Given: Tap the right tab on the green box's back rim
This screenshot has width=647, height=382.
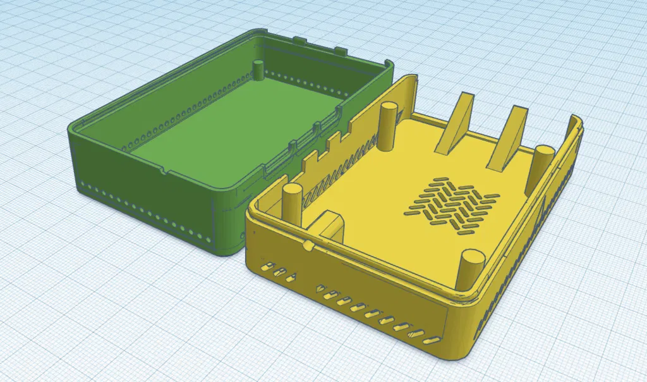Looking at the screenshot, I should [340, 49].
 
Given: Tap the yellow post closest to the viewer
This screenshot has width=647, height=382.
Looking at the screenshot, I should [469, 269].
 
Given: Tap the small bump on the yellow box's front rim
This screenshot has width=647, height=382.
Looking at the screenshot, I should [308, 243].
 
